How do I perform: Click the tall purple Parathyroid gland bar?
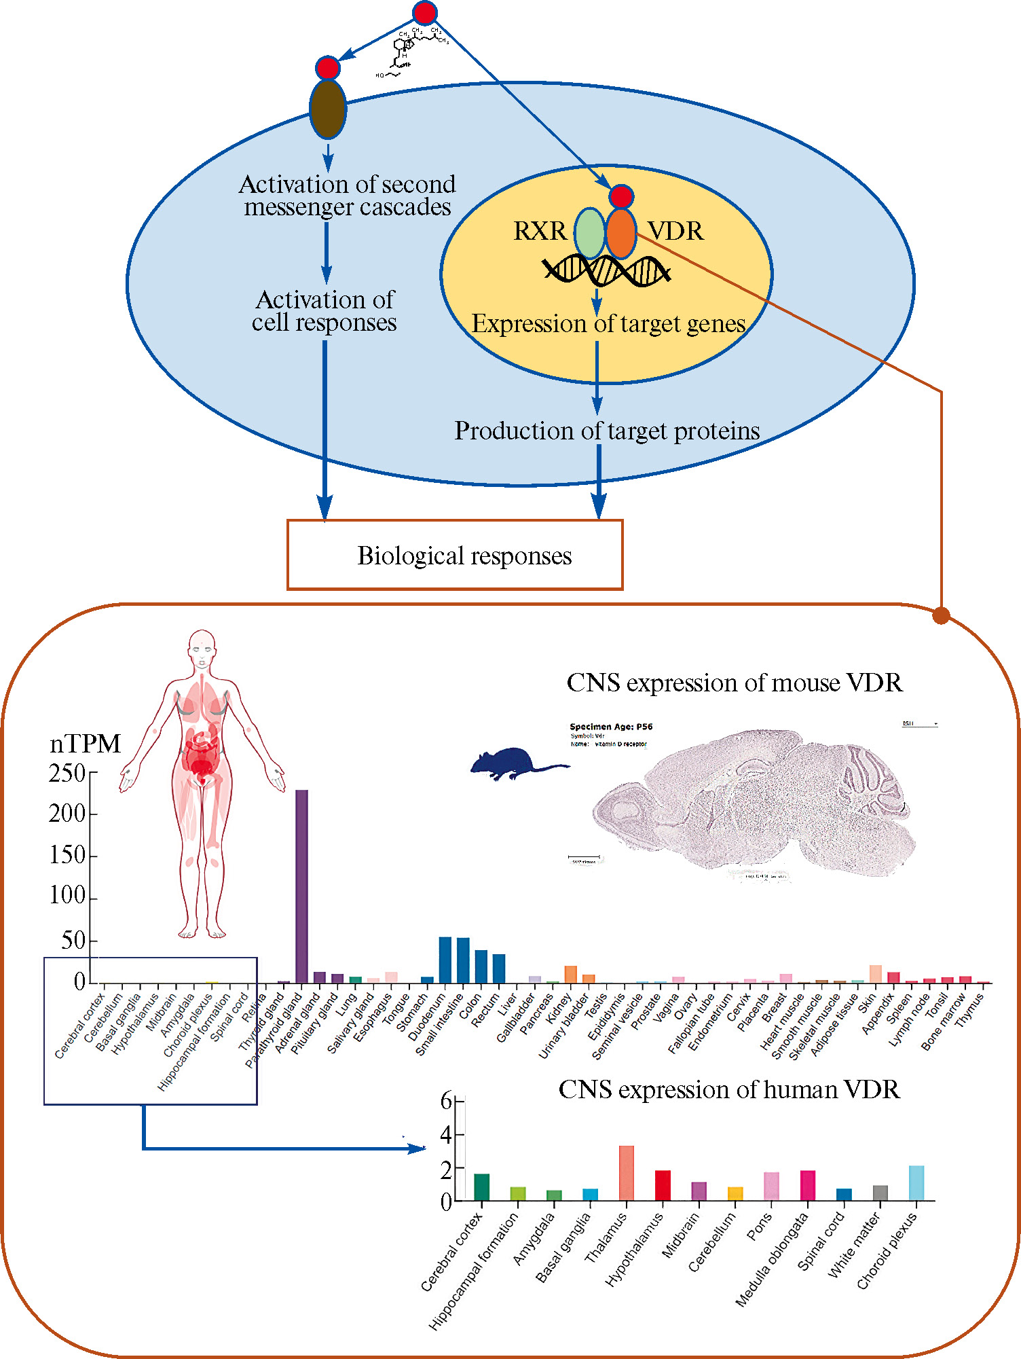tap(301, 886)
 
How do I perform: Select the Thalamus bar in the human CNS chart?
tap(626, 1173)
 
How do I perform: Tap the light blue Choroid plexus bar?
tap(916, 1183)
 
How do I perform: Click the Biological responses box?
tap(455, 555)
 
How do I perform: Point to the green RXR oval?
tap(589, 233)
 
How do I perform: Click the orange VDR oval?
tap(621, 234)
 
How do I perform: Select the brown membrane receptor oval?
tap(328, 109)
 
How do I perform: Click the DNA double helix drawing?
tap(606, 272)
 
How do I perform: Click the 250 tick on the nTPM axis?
tap(68, 773)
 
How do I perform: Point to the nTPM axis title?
tap(85, 744)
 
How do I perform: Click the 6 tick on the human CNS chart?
tap(447, 1101)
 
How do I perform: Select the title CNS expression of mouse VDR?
tap(735, 683)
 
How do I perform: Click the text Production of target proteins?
tap(607, 431)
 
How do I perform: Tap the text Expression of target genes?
tap(608, 324)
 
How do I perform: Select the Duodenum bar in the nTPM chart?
tap(445, 960)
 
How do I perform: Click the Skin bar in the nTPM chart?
tap(876, 974)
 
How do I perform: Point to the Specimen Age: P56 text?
tap(611, 727)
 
